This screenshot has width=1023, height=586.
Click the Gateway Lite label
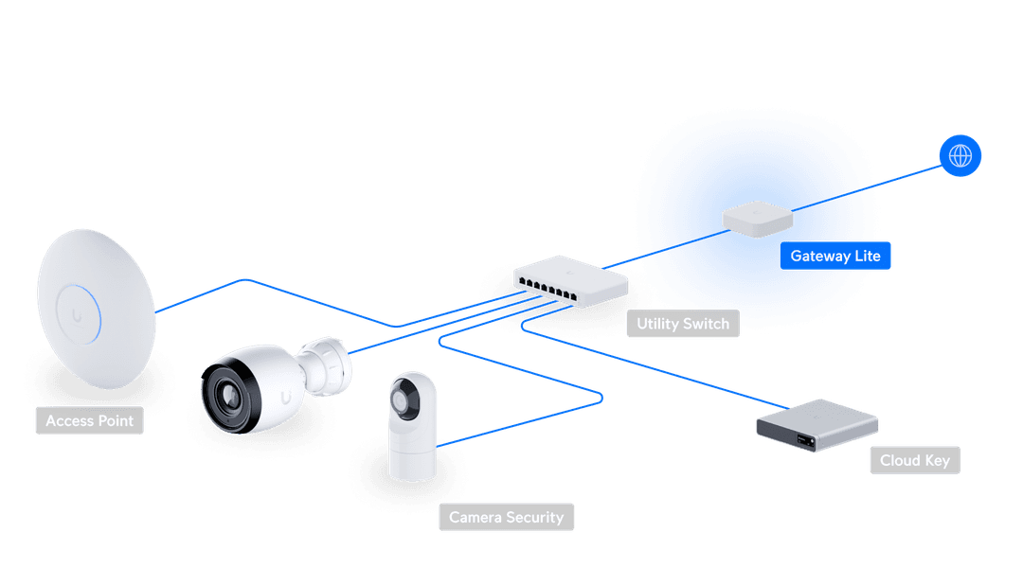835,257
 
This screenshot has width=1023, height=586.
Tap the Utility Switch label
683,324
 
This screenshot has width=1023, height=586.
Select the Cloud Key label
914,461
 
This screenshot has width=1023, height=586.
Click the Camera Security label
506,518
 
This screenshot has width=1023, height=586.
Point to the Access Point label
90,420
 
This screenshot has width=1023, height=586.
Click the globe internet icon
960,155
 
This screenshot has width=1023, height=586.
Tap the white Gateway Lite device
757,218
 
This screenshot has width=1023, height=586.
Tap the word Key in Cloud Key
937,461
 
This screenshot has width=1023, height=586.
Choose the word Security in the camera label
534,518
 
